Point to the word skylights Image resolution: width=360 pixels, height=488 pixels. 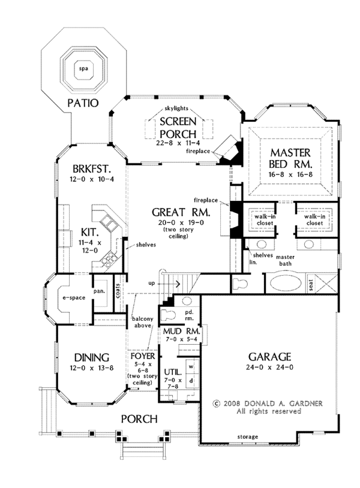click(x=176, y=108)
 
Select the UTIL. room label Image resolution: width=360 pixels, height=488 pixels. click(x=172, y=372)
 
